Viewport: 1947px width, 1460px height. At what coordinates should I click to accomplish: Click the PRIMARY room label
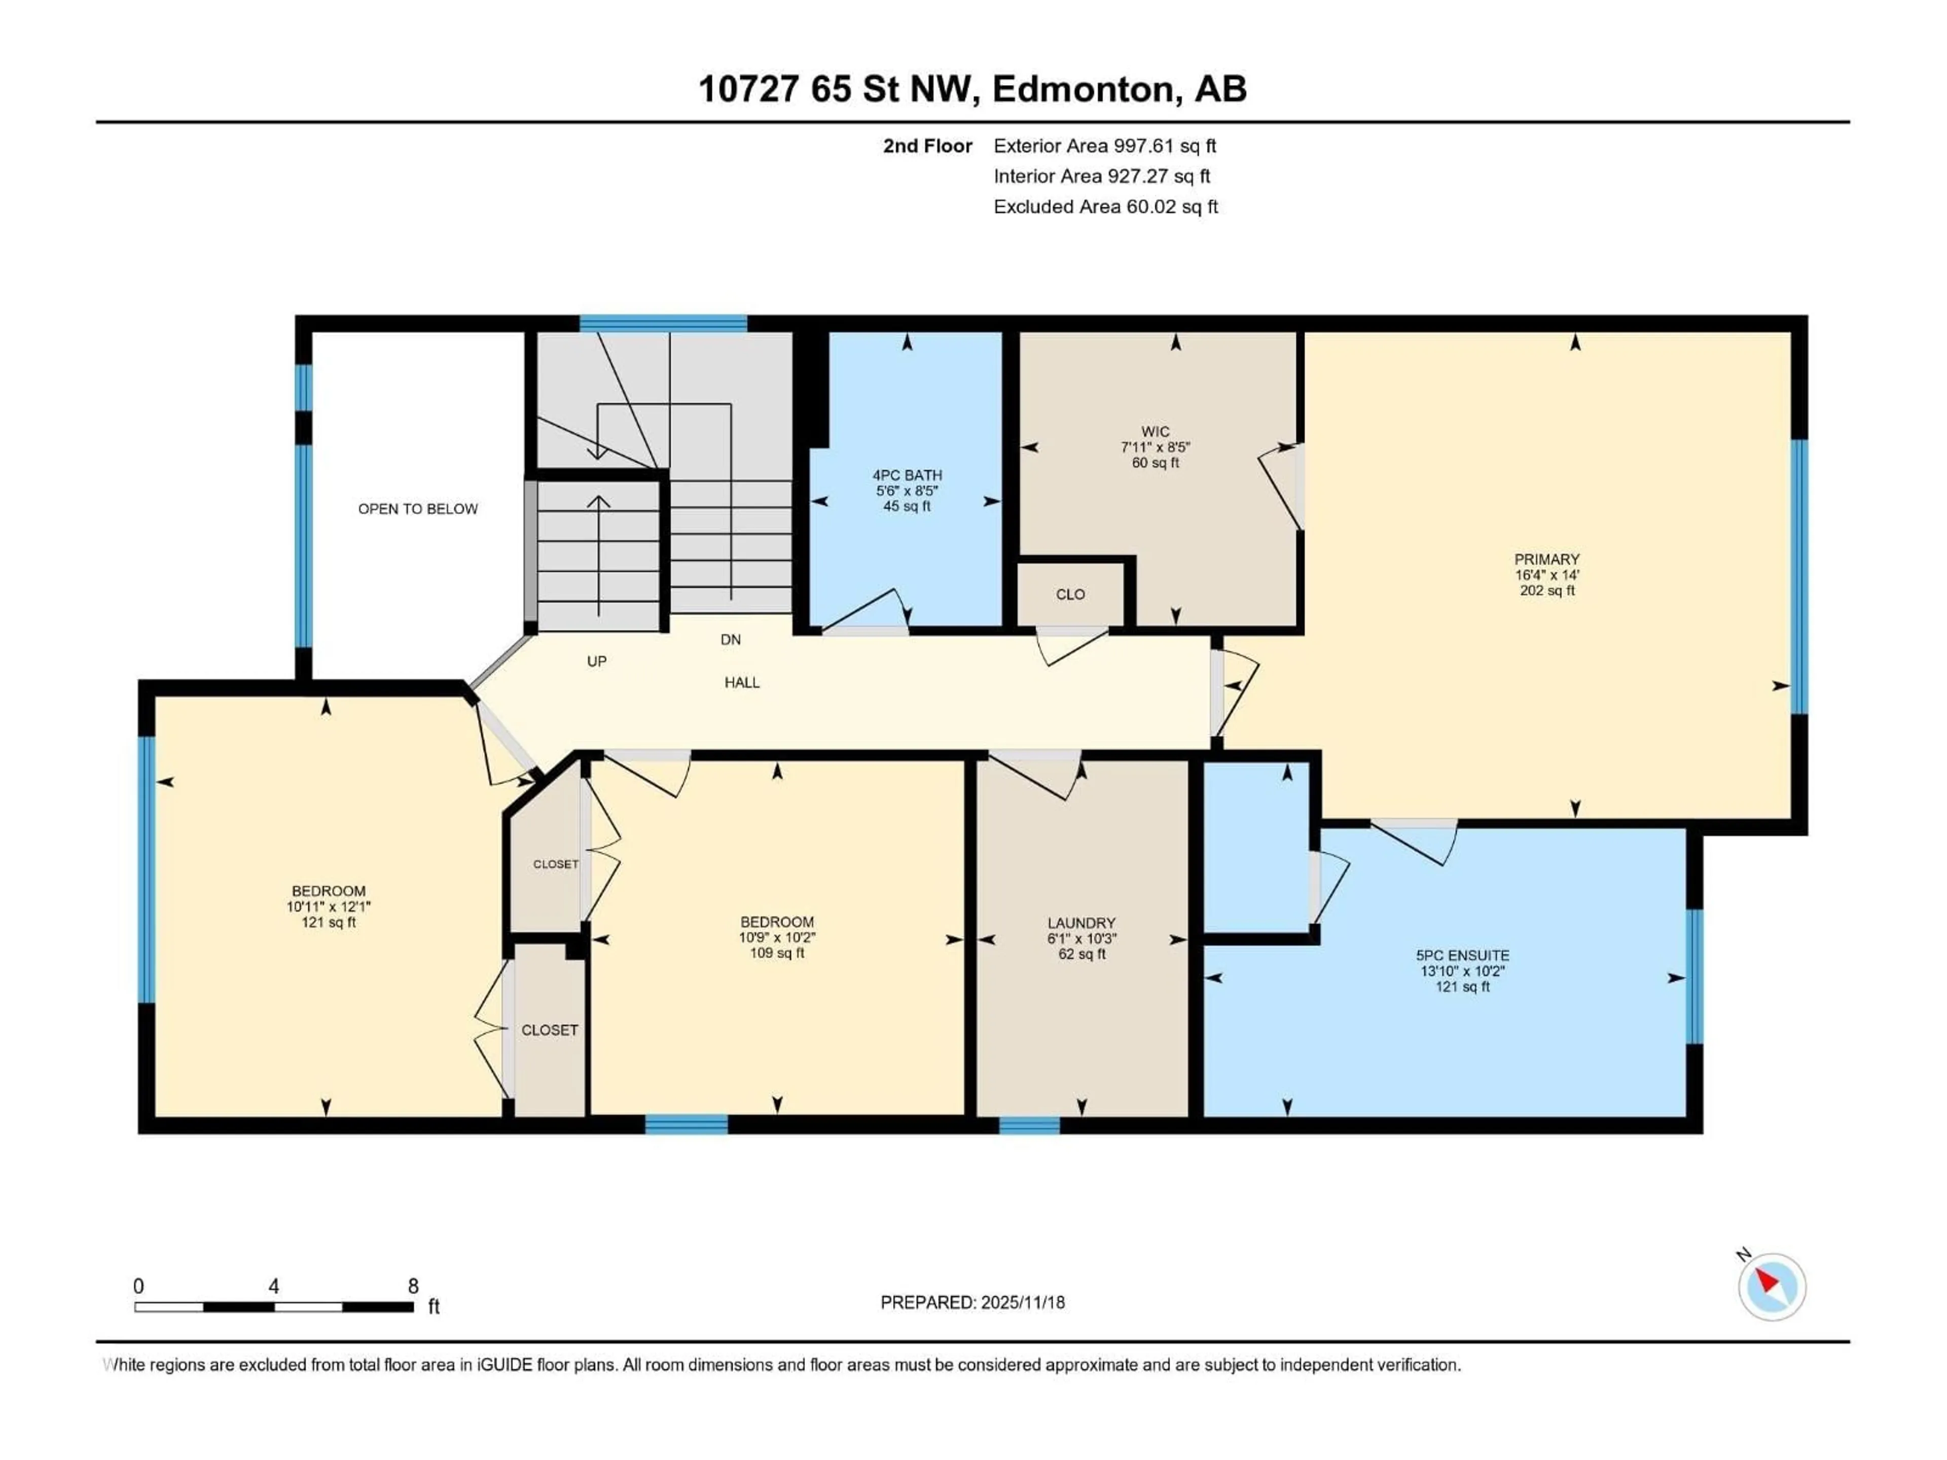(x=1546, y=559)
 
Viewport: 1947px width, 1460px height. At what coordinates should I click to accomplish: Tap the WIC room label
(x=1155, y=431)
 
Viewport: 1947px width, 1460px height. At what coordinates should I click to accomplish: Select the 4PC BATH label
(x=907, y=475)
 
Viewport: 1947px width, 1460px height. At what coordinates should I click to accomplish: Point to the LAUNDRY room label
(x=1081, y=923)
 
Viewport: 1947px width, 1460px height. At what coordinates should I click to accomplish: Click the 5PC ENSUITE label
(x=1462, y=956)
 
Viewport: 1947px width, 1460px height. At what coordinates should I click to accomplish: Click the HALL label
(x=742, y=682)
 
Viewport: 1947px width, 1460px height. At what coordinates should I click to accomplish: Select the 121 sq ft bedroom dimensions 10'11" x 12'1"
(x=329, y=906)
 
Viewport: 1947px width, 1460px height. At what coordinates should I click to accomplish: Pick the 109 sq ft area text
(x=776, y=953)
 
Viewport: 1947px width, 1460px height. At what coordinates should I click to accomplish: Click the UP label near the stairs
(x=597, y=661)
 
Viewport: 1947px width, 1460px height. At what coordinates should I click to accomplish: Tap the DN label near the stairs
(x=731, y=640)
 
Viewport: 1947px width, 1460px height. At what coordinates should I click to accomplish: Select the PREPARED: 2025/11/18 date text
(x=972, y=1302)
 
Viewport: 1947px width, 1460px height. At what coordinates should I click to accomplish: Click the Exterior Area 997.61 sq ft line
(x=1105, y=146)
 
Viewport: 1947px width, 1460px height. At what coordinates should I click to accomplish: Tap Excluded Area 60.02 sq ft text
(x=1105, y=207)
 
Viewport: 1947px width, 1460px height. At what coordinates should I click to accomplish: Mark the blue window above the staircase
(x=663, y=323)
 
